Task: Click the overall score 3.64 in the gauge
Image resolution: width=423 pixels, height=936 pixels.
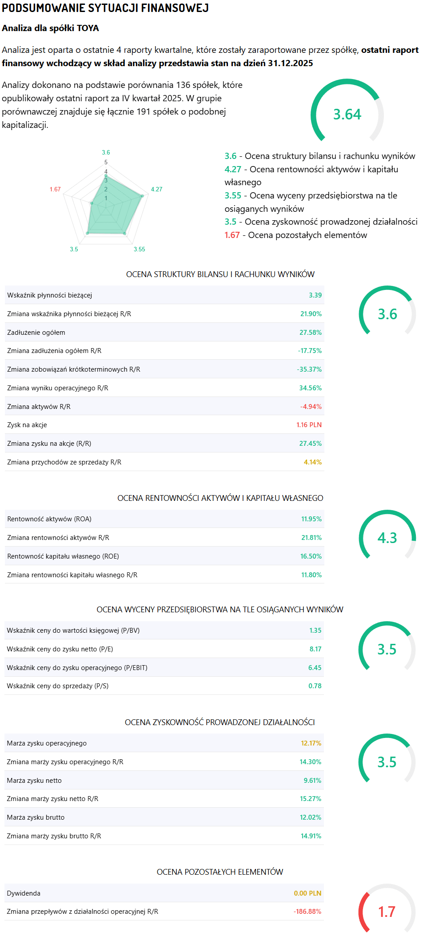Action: [x=347, y=115]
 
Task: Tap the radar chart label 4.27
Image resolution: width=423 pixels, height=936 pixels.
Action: [x=156, y=189]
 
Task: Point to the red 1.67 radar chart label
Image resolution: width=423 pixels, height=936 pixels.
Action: [x=55, y=189]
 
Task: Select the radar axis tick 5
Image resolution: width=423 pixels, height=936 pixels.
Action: [x=106, y=162]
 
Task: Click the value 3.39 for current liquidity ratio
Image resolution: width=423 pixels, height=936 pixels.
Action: [x=315, y=295]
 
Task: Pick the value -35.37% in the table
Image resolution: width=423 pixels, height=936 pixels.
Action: [x=309, y=369]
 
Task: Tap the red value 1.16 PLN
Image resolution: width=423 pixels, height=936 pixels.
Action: [x=309, y=425]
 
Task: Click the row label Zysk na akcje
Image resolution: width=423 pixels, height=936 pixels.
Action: [x=27, y=425]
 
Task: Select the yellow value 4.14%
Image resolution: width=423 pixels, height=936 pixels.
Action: [x=313, y=462]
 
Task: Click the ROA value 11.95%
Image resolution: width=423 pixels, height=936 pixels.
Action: [x=311, y=519]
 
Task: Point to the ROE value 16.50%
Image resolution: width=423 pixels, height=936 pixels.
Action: [x=311, y=556]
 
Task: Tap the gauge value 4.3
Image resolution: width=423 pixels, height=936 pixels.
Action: [x=387, y=538]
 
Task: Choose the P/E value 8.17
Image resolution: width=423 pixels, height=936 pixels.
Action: [x=315, y=649]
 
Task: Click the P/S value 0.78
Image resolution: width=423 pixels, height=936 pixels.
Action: [x=315, y=686]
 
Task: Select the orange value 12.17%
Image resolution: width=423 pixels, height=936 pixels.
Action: [x=311, y=743]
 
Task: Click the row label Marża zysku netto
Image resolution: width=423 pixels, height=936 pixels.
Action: [x=34, y=781]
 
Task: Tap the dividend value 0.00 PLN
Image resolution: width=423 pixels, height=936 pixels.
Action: [x=307, y=893]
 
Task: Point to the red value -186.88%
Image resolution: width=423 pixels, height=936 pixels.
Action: [x=307, y=912]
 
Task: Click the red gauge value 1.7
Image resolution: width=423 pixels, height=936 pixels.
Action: [x=387, y=912]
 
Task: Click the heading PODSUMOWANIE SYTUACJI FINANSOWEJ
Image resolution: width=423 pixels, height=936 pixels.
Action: [x=105, y=8]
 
